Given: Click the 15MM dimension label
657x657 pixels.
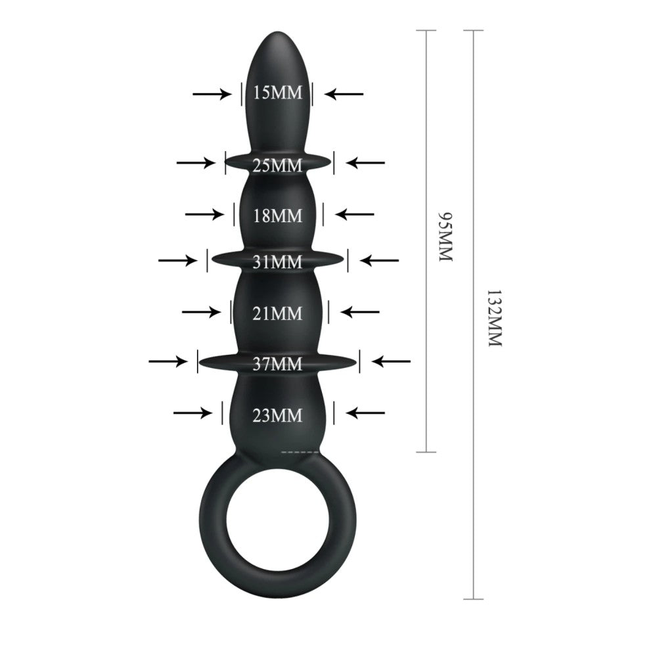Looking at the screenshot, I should click(277, 93).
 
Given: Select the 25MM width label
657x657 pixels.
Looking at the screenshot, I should click(277, 165).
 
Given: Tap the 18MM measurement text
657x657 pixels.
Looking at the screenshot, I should click(277, 215).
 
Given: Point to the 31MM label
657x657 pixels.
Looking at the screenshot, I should click(277, 261).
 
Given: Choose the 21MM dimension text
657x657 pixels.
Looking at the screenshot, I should click(277, 313).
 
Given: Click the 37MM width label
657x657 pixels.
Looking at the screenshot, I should click(277, 363).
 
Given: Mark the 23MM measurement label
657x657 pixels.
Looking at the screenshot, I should click(277, 415).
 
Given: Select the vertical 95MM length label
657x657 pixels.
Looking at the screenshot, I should click(446, 237).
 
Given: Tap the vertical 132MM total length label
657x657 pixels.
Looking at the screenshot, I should click(493, 318).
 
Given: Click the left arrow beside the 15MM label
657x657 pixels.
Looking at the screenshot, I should click(212, 94).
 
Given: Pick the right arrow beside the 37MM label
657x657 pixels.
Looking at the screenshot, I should click(392, 361).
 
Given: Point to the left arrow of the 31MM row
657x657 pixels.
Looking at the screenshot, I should click(177, 261).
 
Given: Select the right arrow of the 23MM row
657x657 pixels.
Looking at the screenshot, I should click(365, 413).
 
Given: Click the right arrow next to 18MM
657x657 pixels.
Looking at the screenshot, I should click(355, 214).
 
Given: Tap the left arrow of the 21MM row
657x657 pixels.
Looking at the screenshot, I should click(201, 311).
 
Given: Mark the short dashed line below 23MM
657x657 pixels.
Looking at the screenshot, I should click(300, 452).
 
